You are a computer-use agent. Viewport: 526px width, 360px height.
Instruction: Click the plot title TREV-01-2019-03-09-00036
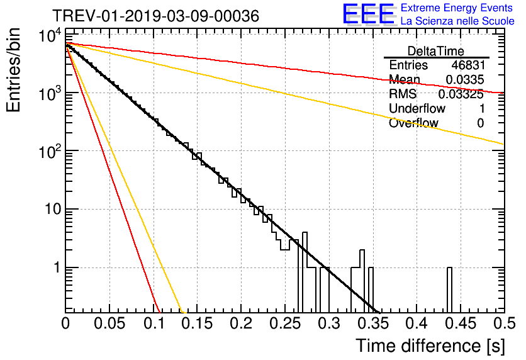point(155,16)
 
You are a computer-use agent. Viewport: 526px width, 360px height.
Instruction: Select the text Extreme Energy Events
point(457,8)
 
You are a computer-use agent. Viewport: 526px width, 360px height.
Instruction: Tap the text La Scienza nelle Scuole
point(457,21)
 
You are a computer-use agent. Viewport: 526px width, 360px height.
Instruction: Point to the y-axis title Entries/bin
point(15,70)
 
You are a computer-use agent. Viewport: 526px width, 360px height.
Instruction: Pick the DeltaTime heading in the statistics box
point(436,51)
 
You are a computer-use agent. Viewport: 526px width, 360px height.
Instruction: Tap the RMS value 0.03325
point(464,94)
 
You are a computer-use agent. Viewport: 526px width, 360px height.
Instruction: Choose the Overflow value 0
point(480,123)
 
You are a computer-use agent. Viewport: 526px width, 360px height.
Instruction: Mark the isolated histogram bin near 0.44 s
point(450,290)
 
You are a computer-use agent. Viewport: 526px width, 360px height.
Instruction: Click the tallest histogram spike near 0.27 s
point(305,264)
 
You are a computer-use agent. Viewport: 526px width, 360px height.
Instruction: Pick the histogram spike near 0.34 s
point(362,277)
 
